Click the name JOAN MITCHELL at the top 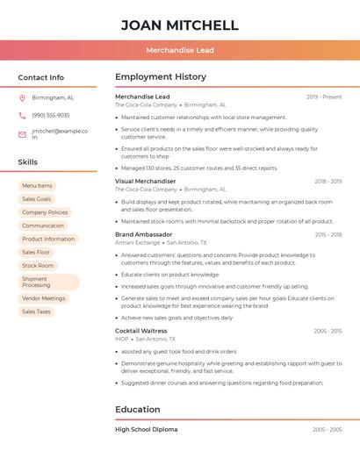pyautogui.click(x=179, y=25)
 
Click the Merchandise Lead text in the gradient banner pyautogui.click(x=180, y=50)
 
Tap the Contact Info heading pyautogui.click(x=40, y=77)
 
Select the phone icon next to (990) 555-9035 pyautogui.click(x=22, y=115)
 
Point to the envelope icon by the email pyautogui.click(x=22, y=134)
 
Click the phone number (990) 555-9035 pyautogui.click(x=50, y=115)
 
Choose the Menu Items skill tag pyautogui.click(x=37, y=186)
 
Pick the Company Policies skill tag pyautogui.click(x=45, y=212)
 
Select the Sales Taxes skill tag pyautogui.click(x=36, y=311)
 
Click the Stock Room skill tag pyautogui.click(x=38, y=265)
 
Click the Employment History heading pyautogui.click(x=161, y=77)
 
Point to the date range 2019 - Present pyautogui.click(x=324, y=97)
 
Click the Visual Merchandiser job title pyautogui.click(x=146, y=181)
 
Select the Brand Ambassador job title pyautogui.click(x=144, y=234)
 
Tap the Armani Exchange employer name pyautogui.click(x=137, y=242)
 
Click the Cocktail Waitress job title pyautogui.click(x=141, y=331)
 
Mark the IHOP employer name pyautogui.click(x=122, y=339)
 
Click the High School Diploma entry pyautogui.click(x=147, y=429)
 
